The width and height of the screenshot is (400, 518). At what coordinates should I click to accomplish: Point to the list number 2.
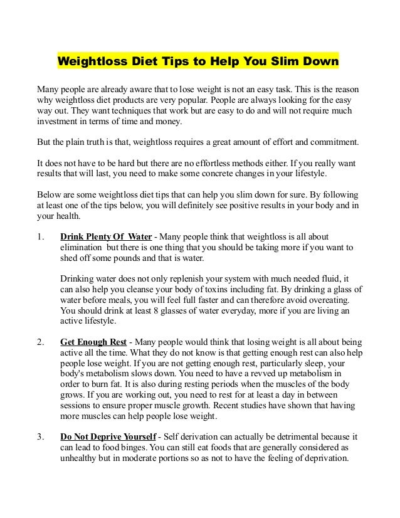(41, 343)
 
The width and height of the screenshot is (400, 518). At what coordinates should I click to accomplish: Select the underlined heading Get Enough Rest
(93, 343)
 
